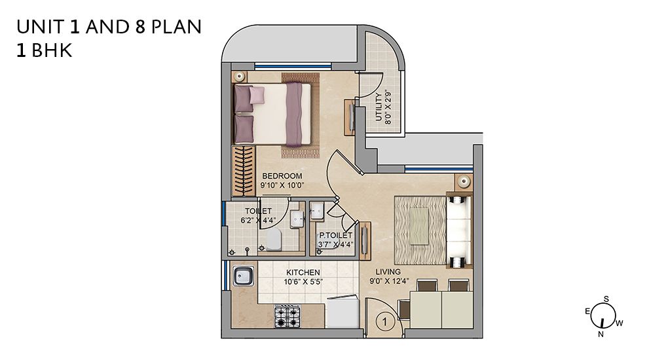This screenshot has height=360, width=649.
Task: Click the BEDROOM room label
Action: (x=282, y=176)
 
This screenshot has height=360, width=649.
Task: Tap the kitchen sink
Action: (x=244, y=276)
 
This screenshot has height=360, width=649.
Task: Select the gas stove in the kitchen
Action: (x=287, y=316)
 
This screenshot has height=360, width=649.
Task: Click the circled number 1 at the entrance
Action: (x=385, y=321)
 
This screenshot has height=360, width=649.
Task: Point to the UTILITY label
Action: (x=379, y=107)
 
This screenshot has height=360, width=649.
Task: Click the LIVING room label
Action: (x=388, y=272)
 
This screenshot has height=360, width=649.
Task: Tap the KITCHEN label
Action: (x=303, y=273)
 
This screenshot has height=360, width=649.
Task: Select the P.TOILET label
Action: (x=335, y=236)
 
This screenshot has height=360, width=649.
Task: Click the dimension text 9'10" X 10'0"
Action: (x=282, y=185)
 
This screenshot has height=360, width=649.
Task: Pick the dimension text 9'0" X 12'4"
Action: (x=389, y=281)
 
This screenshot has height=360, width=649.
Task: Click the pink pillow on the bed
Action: (x=257, y=95)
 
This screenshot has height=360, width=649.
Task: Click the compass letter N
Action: (x=601, y=334)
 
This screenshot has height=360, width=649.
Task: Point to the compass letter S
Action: (x=606, y=298)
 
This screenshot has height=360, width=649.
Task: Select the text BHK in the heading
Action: (x=52, y=50)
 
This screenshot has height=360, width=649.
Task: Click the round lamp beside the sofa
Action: (x=464, y=181)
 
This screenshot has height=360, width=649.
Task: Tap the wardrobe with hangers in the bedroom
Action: (x=244, y=170)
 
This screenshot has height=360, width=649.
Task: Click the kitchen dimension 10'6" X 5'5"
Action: (x=303, y=282)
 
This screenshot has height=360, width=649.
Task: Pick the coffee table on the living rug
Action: (x=419, y=226)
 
